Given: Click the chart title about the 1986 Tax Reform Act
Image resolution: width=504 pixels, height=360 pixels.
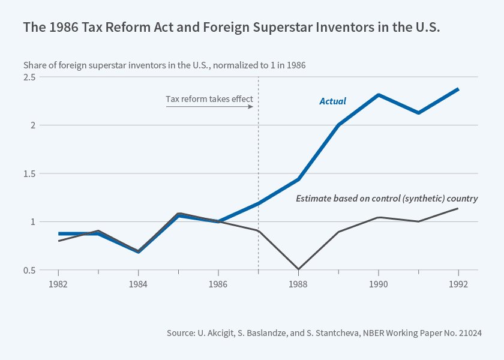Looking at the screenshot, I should coord(232,28).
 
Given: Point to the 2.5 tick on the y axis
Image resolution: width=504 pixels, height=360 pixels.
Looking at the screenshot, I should coord(29,77).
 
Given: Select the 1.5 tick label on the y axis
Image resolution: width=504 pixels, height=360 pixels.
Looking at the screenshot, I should coord(29,174).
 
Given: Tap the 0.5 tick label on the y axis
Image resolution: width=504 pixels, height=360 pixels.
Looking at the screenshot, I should coord(29,270).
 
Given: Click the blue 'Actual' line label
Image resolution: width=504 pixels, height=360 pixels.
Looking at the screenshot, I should coord(332,101).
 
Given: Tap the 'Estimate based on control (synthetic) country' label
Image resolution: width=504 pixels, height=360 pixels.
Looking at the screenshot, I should coord(387,199).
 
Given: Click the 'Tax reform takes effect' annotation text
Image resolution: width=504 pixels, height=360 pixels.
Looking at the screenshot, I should coord(209,99).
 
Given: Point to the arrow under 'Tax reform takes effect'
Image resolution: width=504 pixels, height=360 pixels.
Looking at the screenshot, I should coord(209,107).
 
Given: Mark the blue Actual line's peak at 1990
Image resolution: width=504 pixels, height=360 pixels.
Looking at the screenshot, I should coord(379,95).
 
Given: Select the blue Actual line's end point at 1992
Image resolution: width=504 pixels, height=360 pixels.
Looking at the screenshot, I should coord(458,89).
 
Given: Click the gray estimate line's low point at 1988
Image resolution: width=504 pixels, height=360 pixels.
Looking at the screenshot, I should coord(298,269).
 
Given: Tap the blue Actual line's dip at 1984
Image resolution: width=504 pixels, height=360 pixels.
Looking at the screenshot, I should coord(139,252).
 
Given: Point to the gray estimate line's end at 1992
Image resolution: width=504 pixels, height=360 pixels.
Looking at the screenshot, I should coord(458,208).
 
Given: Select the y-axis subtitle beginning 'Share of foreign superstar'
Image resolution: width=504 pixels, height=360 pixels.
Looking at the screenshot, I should coord(164,65).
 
